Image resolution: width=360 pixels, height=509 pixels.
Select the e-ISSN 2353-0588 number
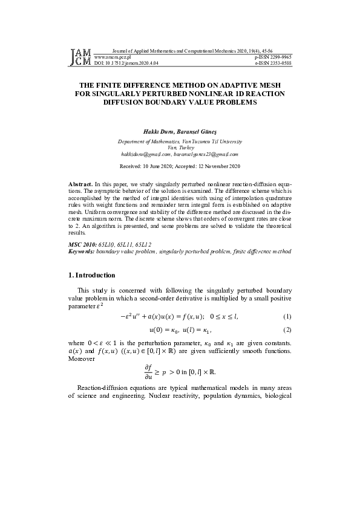pos(273,62)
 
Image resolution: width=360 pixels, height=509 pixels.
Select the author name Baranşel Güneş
pos(197,131)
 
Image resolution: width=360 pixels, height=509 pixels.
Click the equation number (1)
pos(287,317)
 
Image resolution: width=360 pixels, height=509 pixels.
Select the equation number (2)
pos(287,331)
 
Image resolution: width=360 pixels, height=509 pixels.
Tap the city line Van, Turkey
pos(179,148)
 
